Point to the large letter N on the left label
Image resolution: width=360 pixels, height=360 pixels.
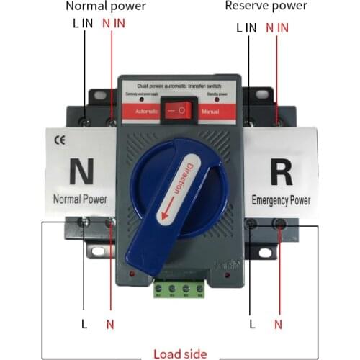pyautogui.click(x=78, y=171)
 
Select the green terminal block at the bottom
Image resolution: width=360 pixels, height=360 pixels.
pyautogui.click(x=176, y=289)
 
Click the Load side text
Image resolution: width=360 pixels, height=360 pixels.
pyautogui.click(x=179, y=354)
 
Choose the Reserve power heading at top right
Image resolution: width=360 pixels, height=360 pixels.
pyautogui.click(x=266, y=6)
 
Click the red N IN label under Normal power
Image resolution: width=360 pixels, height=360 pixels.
pyautogui.click(x=113, y=24)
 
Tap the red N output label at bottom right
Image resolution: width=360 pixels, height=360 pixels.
pyautogui.click(x=278, y=324)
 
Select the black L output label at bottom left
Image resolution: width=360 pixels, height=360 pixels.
pyautogui.click(x=84, y=324)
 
